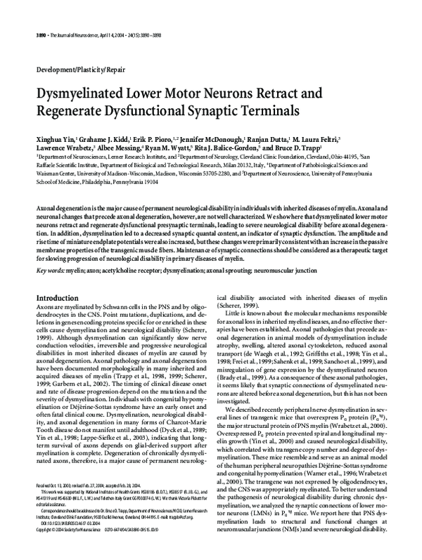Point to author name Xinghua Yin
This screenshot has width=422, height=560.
[x=54, y=141]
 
